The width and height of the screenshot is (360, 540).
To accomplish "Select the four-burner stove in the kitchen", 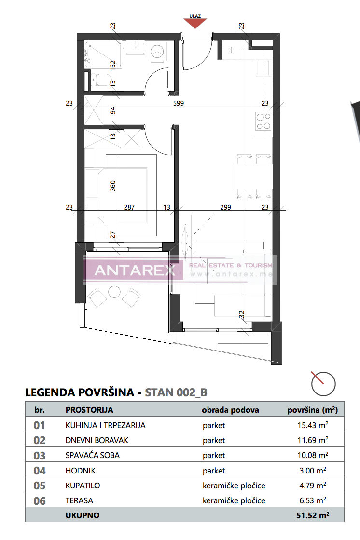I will coord(263,121).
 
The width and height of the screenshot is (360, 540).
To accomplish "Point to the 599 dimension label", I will coord(180,103).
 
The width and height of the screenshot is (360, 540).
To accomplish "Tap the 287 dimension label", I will coord(129,208).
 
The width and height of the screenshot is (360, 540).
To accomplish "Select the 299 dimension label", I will coord(225,208).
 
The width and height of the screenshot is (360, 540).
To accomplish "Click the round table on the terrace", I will coord(115,292).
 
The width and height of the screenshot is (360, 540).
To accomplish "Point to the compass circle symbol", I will coord(323,383).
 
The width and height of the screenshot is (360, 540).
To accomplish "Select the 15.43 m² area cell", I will coord(313,426).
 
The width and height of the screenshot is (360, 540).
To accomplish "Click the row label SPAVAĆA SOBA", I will coord(92,455).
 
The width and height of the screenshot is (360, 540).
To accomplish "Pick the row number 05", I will coord(40,486).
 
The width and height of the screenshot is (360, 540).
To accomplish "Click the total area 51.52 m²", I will coord(312,515).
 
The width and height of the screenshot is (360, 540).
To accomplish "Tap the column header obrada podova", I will coord(230,410).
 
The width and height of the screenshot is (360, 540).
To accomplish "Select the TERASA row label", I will coord(80,500).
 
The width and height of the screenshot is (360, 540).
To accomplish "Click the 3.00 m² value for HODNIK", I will coord(316,471).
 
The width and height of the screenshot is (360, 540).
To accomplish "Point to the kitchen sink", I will coord(263,67).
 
